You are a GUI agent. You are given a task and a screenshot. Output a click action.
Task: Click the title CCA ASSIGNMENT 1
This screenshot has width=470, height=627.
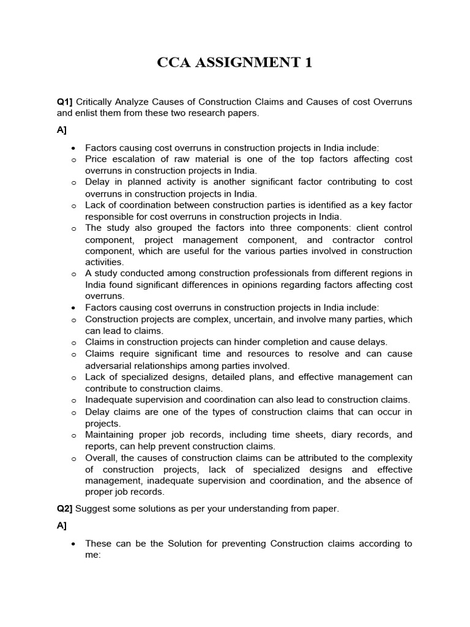[x=235, y=63]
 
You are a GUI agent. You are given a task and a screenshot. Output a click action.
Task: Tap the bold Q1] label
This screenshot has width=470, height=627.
[x=65, y=102]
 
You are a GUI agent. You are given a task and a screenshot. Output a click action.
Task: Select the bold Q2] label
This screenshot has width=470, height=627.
[x=65, y=508]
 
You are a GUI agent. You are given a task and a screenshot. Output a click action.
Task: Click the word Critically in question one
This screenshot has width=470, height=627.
[x=97, y=102]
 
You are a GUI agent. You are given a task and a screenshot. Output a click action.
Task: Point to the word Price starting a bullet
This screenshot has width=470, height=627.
[x=97, y=159]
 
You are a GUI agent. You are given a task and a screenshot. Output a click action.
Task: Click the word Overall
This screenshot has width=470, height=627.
[x=102, y=458]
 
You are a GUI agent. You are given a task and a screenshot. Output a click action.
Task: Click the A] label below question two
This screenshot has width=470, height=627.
[x=62, y=526]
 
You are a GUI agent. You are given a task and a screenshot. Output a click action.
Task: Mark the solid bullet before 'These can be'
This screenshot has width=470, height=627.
[x=73, y=544]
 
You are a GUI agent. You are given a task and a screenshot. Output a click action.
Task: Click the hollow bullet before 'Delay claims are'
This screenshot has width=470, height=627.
[x=73, y=413]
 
